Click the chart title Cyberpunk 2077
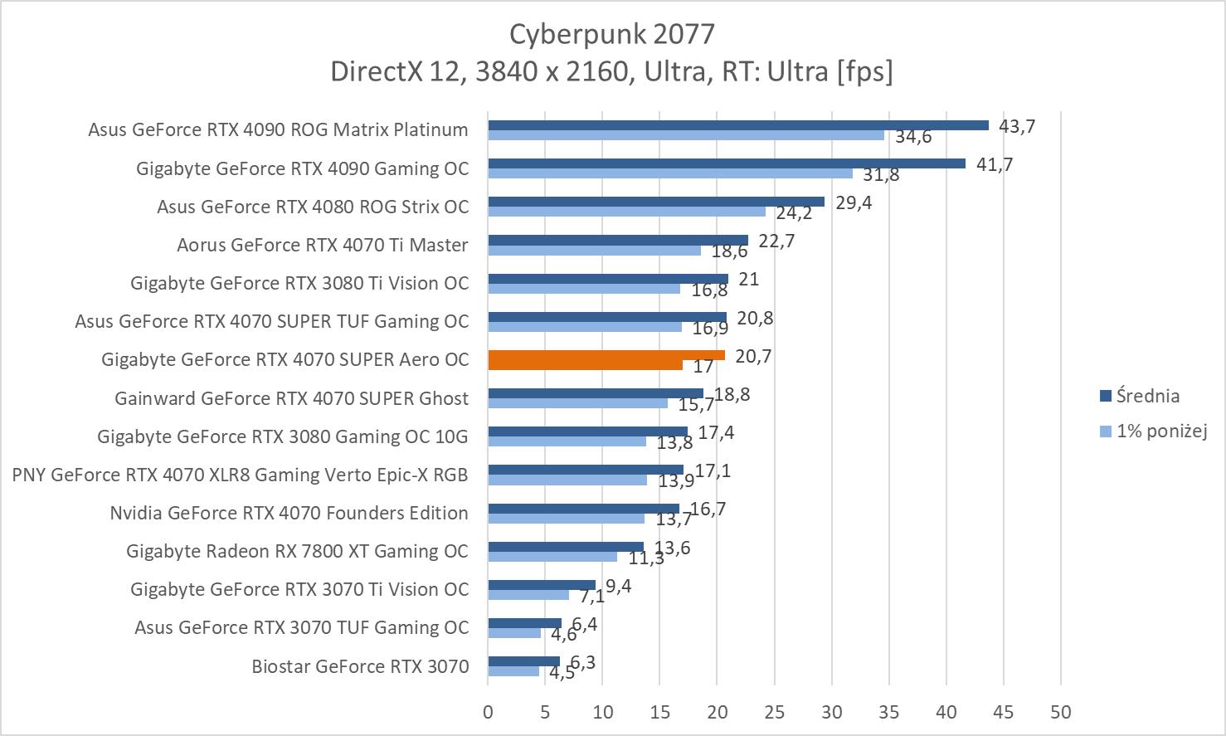tap(611, 33)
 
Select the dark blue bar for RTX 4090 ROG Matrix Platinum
tap(738, 125)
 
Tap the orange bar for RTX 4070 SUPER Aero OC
tap(606, 355)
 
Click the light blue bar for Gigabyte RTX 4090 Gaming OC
tap(670, 173)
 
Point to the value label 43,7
tap(1017, 126)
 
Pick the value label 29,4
tap(854, 202)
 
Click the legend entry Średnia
tap(1147, 396)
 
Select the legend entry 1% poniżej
tap(1160, 431)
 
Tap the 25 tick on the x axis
tap(774, 712)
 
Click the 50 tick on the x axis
tap(1060, 712)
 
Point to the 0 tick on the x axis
tap(488, 712)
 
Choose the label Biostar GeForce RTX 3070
tap(360, 666)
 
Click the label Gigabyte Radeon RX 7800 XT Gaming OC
tap(297, 551)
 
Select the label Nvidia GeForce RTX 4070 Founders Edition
tap(289, 513)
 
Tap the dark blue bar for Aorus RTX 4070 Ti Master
tap(618, 240)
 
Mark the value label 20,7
tap(753, 356)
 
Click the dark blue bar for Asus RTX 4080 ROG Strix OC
tap(656, 202)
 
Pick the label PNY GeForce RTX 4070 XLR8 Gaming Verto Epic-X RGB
tap(240, 475)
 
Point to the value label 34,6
tap(913, 137)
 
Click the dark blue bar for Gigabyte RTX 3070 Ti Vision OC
tap(542, 585)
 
